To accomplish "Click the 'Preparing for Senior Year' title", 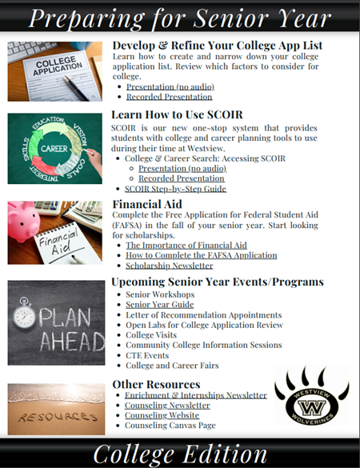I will pyautogui.click(x=180, y=17).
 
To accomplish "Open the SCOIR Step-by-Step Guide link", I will pyautogui.click(x=175, y=189).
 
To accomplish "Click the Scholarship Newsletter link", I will pyautogui.click(x=169, y=265).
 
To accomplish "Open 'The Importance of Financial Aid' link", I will pyautogui.click(x=186, y=245).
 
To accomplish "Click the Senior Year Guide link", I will pyautogui.click(x=159, y=305).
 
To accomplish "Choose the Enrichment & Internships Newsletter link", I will pyautogui.click(x=196, y=395).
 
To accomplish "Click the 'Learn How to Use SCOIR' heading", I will pyautogui.click(x=178, y=114).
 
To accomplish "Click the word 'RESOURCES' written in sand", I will pyautogui.click(x=54, y=417).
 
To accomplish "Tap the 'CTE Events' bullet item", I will pyautogui.click(x=149, y=355).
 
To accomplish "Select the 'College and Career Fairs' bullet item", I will pyautogui.click(x=171, y=366).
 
